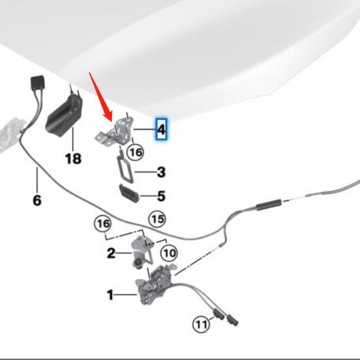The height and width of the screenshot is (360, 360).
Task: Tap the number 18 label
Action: point(74,158)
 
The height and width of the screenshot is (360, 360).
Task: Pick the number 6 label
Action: point(36,201)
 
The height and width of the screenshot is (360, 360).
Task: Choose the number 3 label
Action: point(161,173)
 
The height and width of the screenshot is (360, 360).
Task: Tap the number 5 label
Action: point(161,195)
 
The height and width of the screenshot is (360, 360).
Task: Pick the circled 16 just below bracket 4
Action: point(135,152)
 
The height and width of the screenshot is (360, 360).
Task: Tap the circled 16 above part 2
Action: point(103,224)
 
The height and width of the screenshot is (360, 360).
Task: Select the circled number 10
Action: point(168,251)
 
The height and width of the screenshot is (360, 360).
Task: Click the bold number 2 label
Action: point(111,253)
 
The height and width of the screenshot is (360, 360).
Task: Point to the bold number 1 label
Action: point(110,295)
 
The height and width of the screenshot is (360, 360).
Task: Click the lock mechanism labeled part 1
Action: point(152,286)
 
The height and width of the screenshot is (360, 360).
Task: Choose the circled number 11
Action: point(201,323)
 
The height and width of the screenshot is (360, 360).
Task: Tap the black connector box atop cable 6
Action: point(36,85)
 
